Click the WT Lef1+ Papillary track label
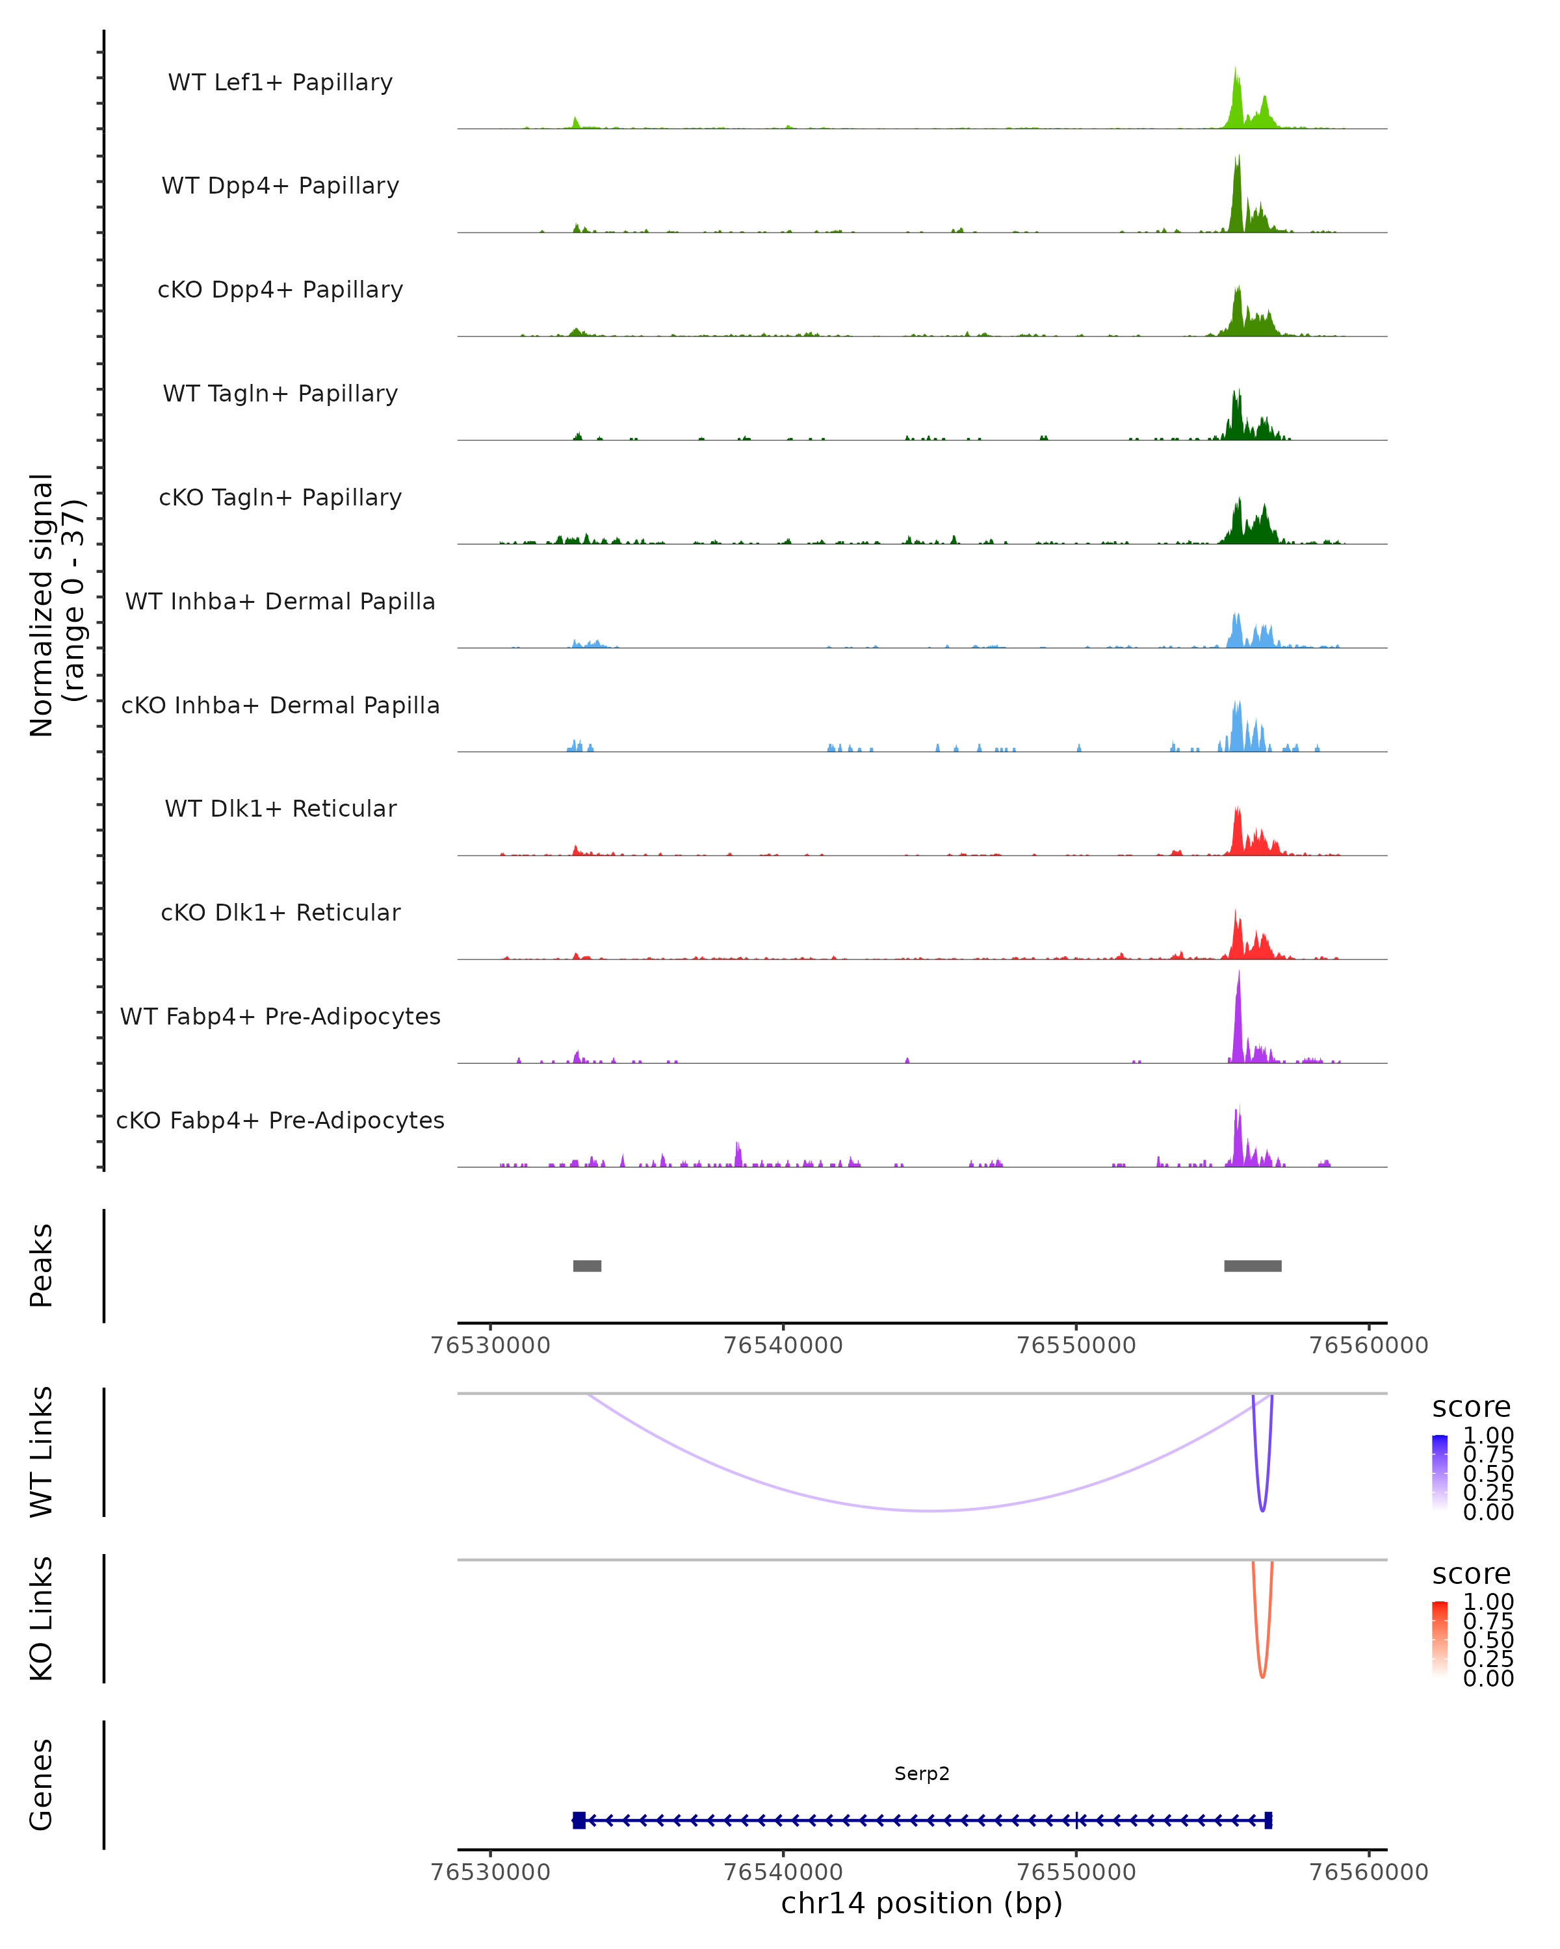coord(280,83)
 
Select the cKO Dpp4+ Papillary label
coord(280,290)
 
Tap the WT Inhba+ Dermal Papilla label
coord(280,602)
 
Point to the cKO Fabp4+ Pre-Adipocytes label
coord(280,1121)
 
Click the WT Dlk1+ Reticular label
coord(280,809)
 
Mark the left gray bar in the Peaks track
coord(587,1266)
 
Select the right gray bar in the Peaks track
coord(1253,1266)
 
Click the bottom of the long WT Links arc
coord(931,1510)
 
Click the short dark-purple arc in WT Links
coord(1262,1507)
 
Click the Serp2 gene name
coord(922,1774)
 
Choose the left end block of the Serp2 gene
coord(578,1820)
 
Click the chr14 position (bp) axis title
coord(922,1904)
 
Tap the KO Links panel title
coord(42,1619)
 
